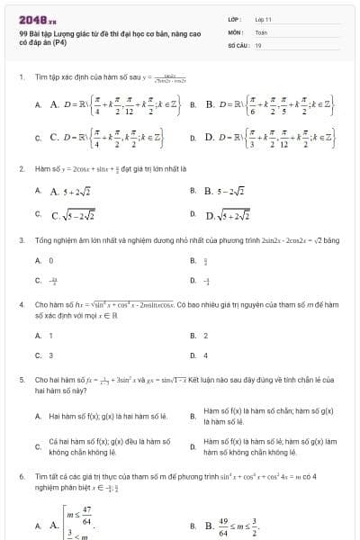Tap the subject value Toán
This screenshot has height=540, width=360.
click(262, 31)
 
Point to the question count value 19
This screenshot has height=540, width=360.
click(258, 44)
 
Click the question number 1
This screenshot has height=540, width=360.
click(20, 78)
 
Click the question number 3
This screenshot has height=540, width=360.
click(20, 240)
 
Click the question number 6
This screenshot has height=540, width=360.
click(20, 473)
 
